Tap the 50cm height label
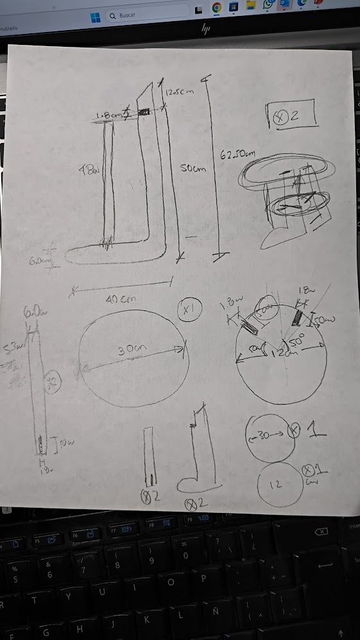193,169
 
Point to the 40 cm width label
119,299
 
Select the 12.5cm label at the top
179,92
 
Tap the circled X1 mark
189,311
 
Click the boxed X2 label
293,115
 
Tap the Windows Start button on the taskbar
95,15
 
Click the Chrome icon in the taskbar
216,8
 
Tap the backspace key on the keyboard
321,532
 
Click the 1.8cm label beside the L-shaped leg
109,115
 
